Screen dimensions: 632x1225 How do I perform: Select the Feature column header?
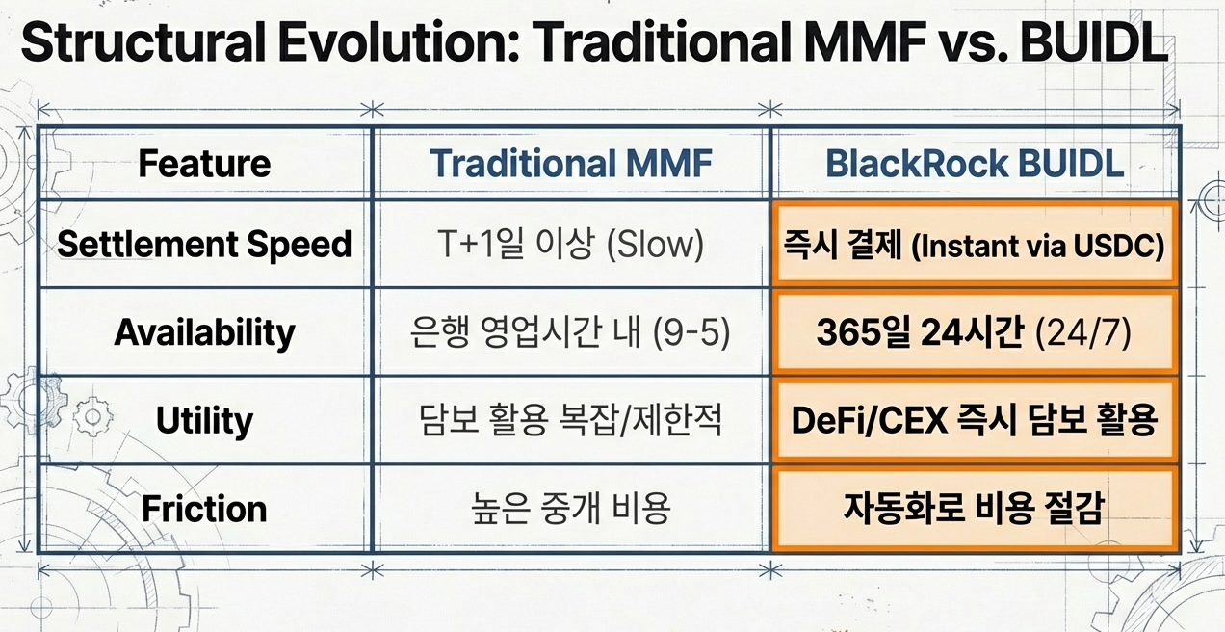[204, 163]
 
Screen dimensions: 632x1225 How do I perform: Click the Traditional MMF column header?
[571, 163]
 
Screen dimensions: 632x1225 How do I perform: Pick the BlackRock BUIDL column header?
[975, 163]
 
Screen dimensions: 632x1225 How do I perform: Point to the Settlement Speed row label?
[204, 245]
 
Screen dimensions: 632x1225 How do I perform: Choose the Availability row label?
[204, 332]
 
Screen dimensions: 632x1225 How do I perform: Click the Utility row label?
[204, 421]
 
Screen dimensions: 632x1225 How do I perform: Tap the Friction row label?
[204, 509]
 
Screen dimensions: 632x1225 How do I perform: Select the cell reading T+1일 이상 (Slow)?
[571, 245]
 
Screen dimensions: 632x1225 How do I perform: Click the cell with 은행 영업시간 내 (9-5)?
[571, 332]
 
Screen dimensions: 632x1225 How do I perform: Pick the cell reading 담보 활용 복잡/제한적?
[571, 421]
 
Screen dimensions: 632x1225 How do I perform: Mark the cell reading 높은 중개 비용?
[571, 509]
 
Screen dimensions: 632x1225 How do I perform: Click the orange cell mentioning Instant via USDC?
[975, 245]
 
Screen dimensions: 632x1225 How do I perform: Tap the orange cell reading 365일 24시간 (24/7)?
[975, 332]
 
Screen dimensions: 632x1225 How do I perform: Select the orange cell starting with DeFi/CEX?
[975, 421]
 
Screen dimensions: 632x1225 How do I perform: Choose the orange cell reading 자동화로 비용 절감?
[975, 509]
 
